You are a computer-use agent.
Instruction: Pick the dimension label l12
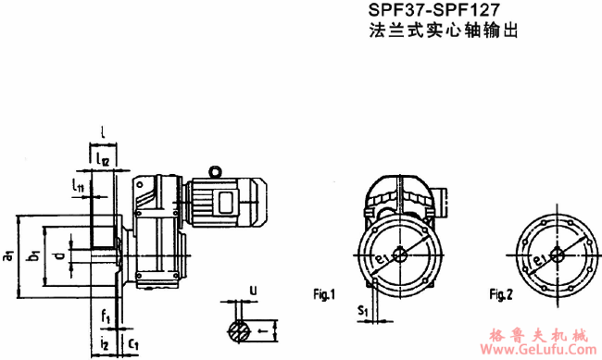pyautogui.click(x=104, y=160)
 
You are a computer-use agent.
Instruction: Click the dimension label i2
pyautogui.click(x=106, y=343)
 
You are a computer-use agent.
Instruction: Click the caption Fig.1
pyautogui.click(x=323, y=296)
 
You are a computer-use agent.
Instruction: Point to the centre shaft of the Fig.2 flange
pyautogui.click(x=557, y=254)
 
